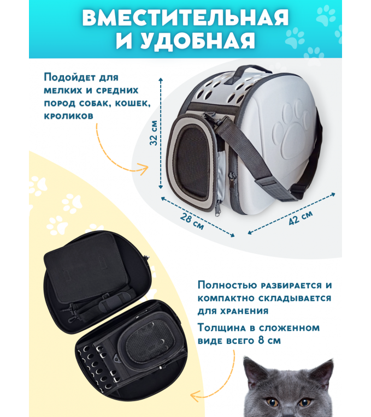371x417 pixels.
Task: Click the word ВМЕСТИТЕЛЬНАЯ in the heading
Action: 185,17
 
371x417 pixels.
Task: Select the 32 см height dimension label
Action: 154,133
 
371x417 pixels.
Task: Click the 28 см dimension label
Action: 192,221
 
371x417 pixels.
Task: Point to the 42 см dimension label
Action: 301,217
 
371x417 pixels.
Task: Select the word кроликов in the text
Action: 69,116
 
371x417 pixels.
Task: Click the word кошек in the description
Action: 133,103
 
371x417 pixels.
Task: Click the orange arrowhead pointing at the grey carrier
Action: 143,169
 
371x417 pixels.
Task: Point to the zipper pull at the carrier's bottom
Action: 218,208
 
